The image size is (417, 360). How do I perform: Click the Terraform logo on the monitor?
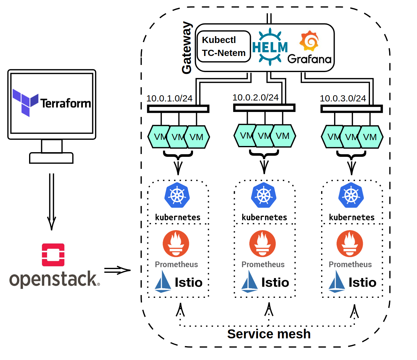coord(25,102)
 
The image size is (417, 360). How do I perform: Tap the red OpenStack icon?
coord(53,255)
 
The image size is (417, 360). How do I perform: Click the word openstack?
coord(53,279)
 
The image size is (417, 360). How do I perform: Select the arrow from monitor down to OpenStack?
coord(52,201)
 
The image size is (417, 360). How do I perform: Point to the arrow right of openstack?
coord(117,270)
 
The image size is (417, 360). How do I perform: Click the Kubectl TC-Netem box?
coord(224,46)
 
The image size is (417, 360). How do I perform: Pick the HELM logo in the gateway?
coord(270,47)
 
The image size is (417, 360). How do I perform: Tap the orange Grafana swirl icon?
coord(309,41)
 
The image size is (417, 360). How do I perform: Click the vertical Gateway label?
coord(187,48)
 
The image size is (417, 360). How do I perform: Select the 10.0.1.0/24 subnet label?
coord(169,98)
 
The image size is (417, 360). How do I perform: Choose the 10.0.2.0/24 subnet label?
coord(256,97)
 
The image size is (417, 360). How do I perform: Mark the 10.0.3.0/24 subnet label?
coord(343,98)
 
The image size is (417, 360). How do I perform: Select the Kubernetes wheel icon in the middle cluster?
coord(264,195)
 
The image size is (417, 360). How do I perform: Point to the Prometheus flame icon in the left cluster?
coord(176,244)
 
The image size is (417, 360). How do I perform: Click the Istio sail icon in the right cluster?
coord(337,281)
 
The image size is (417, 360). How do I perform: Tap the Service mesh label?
coord(269,334)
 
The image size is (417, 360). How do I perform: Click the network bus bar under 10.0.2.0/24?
coord(264,108)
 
